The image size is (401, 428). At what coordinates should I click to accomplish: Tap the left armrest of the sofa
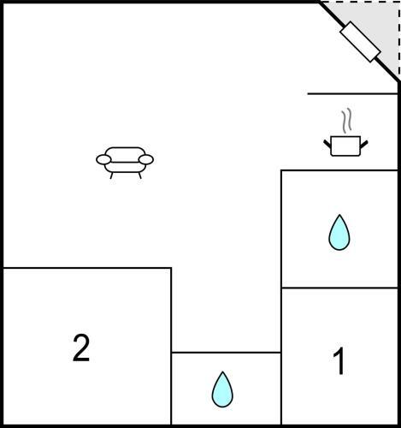(103, 160)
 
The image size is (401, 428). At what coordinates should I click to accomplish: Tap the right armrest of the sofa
(146, 160)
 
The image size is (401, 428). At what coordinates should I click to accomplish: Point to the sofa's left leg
(112, 175)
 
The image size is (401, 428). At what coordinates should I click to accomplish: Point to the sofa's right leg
(139, 175)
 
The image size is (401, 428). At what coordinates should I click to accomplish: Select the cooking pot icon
(345, 146)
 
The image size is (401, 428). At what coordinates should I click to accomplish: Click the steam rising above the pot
(347, 121)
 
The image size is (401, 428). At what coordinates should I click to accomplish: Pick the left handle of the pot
(327, 144)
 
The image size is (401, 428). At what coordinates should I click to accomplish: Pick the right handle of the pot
(364, 144)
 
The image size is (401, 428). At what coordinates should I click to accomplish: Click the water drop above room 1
(339, 234)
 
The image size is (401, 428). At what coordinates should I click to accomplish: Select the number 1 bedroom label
(339, 362)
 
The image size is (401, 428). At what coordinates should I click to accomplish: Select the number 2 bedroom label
(81, 348)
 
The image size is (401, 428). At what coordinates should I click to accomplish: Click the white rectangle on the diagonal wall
(360, 42)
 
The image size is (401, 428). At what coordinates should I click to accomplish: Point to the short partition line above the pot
(352, 93)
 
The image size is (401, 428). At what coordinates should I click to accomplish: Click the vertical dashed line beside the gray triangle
(399, 41)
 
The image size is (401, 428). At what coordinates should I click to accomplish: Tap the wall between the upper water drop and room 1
(339, 288)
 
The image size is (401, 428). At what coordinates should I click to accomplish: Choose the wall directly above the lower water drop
(227, 353)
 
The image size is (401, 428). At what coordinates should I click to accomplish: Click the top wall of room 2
(87, 268)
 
